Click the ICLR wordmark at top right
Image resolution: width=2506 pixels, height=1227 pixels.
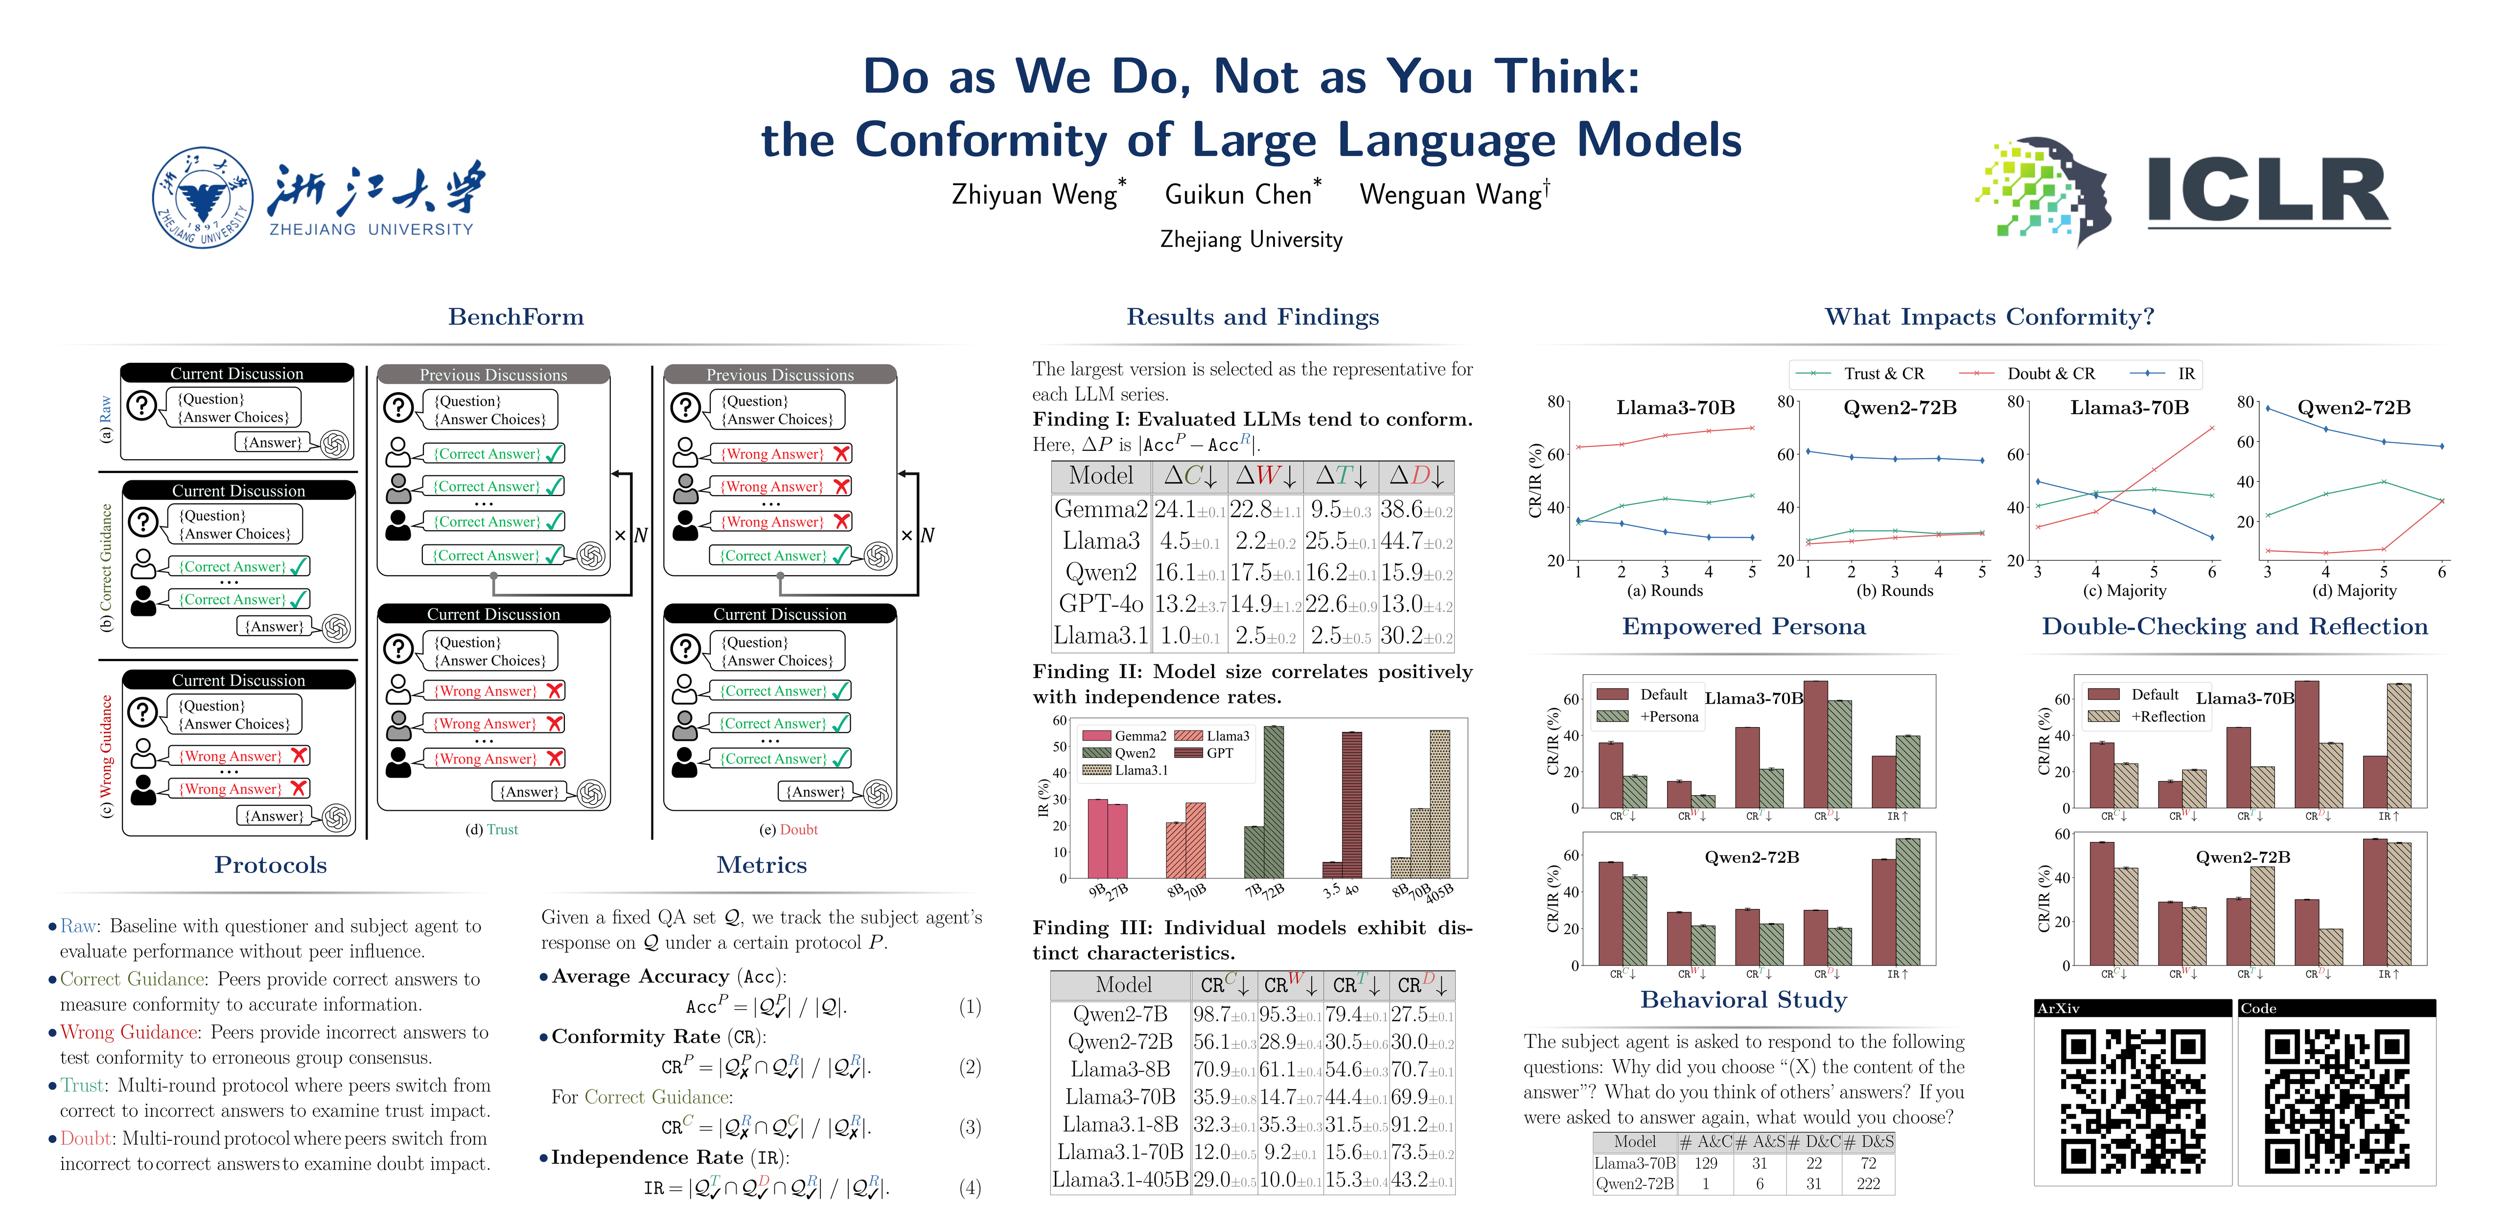(2267, 192)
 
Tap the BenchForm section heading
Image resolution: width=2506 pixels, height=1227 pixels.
(515, 317)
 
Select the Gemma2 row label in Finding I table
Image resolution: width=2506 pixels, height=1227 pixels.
(1100, 509)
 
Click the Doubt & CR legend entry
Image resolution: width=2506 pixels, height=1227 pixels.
(2050, 374)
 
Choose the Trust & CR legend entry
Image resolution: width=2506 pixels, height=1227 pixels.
(1882, 374)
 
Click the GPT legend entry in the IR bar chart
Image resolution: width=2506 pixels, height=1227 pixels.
(1218, 753)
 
